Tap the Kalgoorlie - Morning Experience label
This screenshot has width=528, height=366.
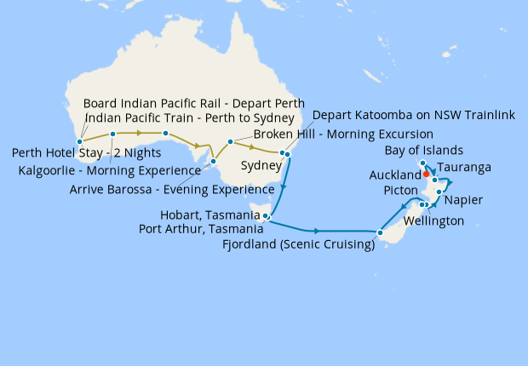click(x=110, y=171)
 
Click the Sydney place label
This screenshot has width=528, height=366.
click(x=261, y=164)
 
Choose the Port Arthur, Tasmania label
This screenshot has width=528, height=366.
click(x=201, y=229)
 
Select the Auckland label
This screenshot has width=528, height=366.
click(x=395, y=175)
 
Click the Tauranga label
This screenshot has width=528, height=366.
click(x=465, y=169)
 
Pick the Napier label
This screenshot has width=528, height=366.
click(x=464, y=200)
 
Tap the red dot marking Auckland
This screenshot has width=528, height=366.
click(x=426, y=174)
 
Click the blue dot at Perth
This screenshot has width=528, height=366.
click(x=79, y=142)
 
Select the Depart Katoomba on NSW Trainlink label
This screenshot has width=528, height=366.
click(x=414, y=115)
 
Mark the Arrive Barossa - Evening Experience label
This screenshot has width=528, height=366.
click(x=171, y=190)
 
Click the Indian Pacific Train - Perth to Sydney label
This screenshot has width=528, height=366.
click(x=190, y=117)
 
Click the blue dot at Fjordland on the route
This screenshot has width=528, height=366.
click(x=381, y=232)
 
